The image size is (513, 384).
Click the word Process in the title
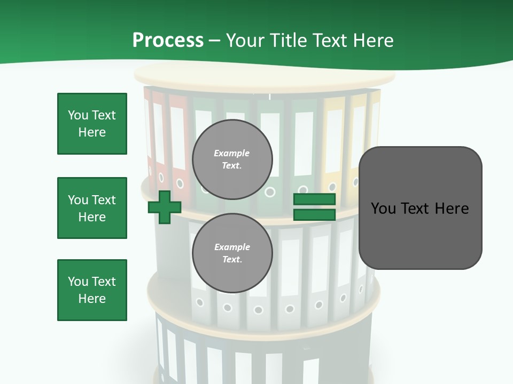168,40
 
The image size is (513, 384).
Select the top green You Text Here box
92,124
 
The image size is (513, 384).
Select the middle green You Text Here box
92,208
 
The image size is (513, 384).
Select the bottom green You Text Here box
92,290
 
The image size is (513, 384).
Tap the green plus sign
165,207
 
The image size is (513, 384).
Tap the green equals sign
314,207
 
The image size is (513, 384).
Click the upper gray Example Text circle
232,159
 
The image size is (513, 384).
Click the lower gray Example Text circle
232,253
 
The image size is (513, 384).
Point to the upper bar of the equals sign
314,199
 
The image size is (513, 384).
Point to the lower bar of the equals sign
314,215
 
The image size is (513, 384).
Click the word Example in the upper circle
232,153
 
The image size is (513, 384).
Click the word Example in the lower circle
232,247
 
